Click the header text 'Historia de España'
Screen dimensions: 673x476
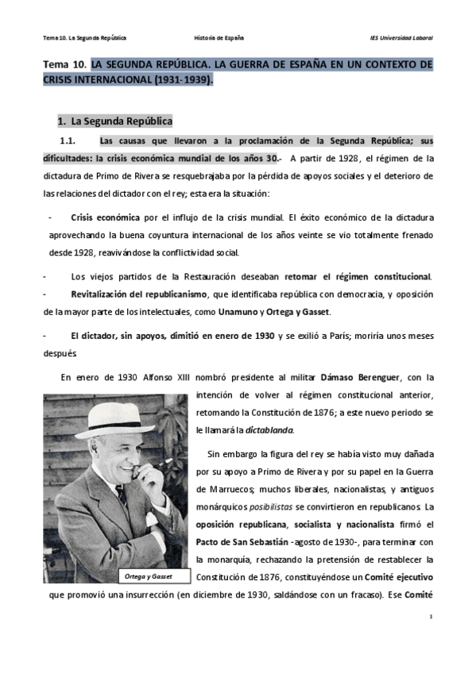(219, 38)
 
